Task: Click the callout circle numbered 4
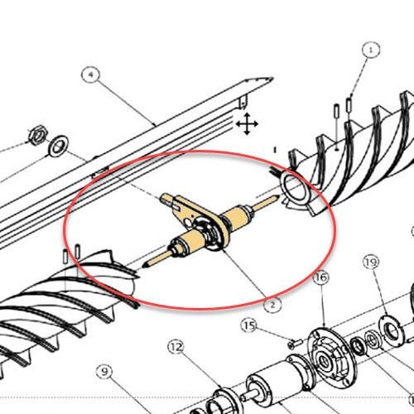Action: (91, 76)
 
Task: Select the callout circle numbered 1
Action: (370, 51)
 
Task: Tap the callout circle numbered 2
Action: (269, 303)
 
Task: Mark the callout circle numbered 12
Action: (176, 346)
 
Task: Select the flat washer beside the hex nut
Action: (58, 148)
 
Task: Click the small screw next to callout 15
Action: (291, 342)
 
